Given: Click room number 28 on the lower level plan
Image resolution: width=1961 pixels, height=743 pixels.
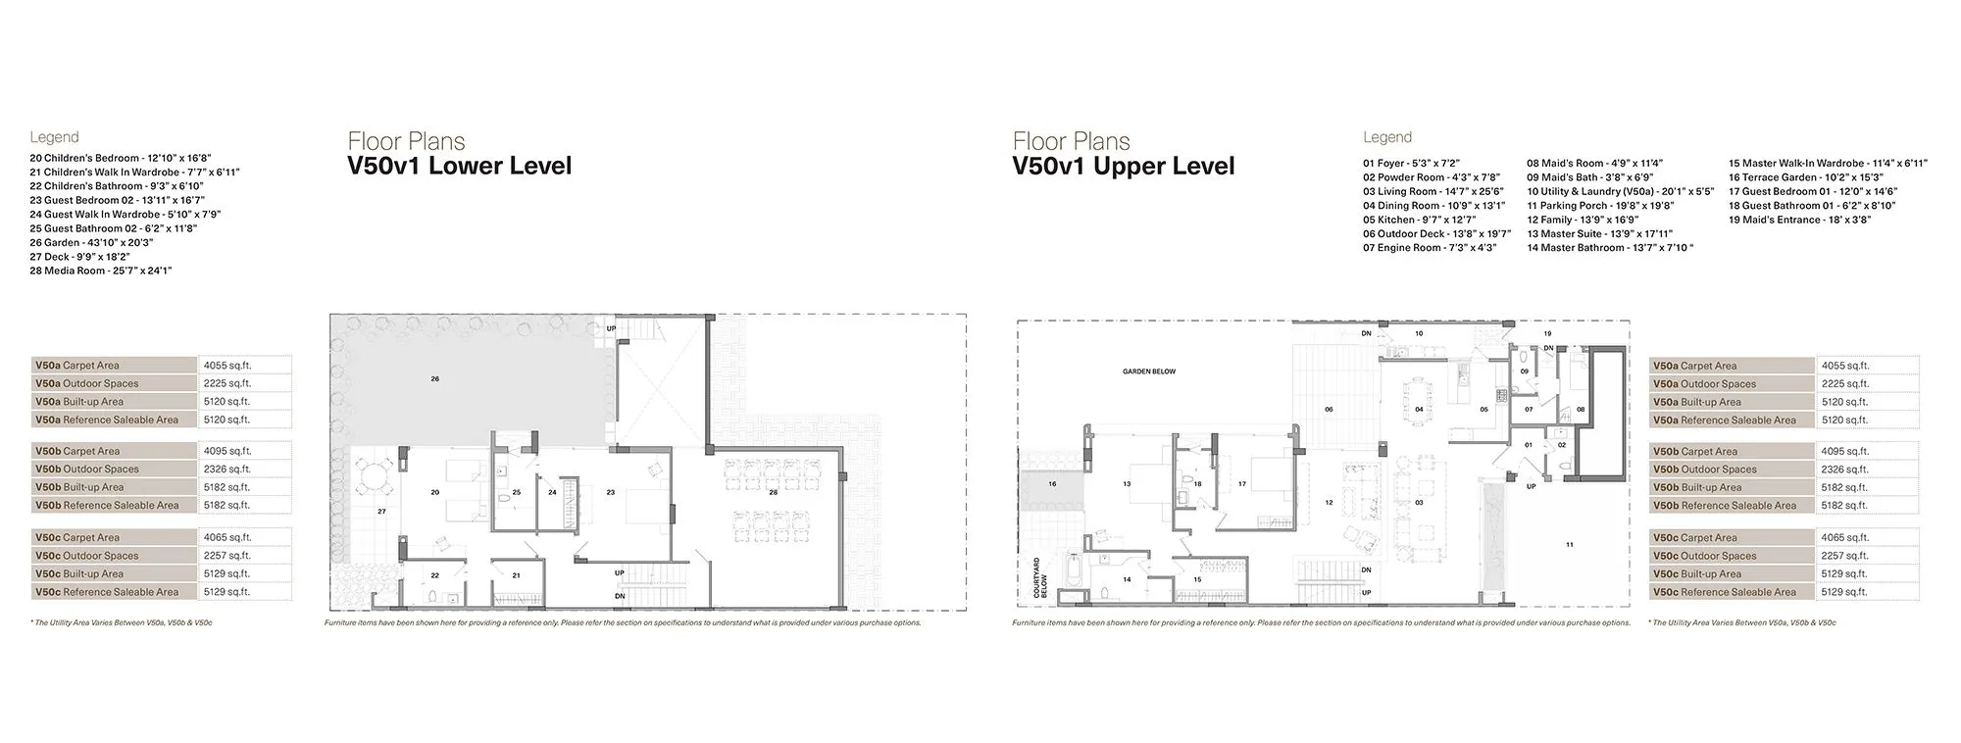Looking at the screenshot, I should [x=773, y=492].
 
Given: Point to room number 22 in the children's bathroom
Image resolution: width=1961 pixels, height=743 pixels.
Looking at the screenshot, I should [x=434, y=575].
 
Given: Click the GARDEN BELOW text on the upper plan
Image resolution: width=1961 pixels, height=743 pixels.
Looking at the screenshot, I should [x=1149, y=371].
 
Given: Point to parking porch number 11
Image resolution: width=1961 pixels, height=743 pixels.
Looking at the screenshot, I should [x=1569, y=544].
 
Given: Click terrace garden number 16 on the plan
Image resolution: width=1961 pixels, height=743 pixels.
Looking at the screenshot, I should [x=1052, y=484].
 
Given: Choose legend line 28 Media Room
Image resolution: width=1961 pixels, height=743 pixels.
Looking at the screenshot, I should [x=101, y=271].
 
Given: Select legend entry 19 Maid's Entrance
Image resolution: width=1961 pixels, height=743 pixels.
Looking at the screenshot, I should [x=1799, y=221].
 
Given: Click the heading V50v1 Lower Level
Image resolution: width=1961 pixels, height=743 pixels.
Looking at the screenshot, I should [x=460, y=166].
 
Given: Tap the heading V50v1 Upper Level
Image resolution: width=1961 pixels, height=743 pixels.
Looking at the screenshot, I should [x=1124, y=166].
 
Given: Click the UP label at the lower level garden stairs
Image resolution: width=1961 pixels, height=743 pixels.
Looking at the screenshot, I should [x=611, y=328].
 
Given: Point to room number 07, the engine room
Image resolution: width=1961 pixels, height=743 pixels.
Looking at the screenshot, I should [x=1529, y=409].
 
